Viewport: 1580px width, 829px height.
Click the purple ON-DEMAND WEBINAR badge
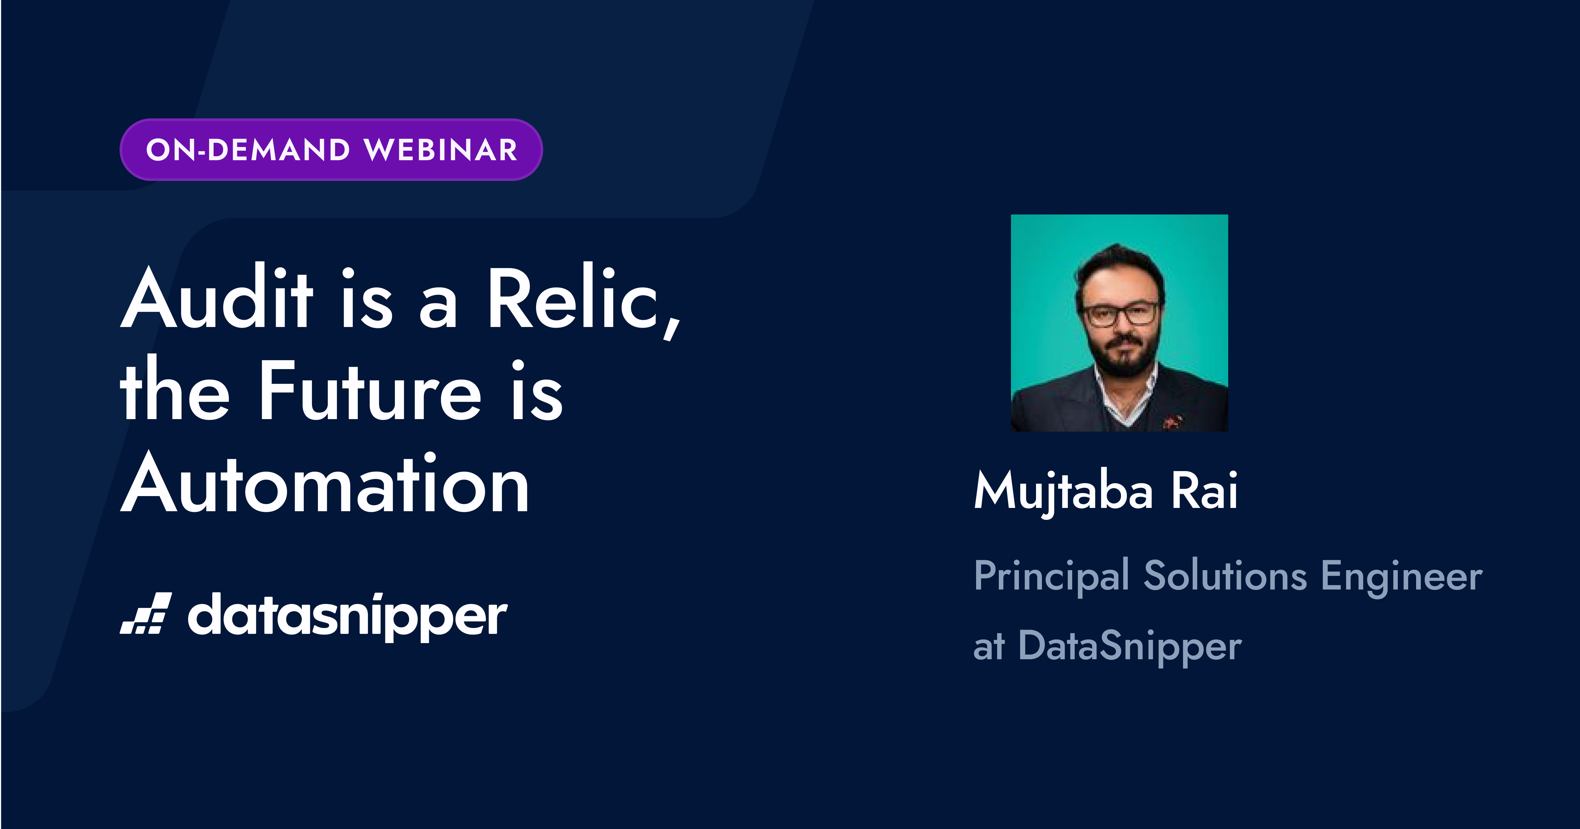point(331,150)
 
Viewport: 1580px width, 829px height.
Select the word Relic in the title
point(574,297)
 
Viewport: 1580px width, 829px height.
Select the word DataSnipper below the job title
point(1130,646)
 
